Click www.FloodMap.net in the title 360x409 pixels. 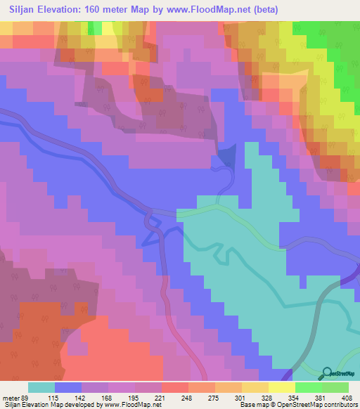tap(204, 10)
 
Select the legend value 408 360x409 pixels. tap(347, 397)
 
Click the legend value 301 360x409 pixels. tap(255, 397)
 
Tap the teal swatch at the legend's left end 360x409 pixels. tap(41, 387)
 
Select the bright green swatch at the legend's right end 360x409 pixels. tap(335, 387)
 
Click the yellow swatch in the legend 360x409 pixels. tap(282, 387)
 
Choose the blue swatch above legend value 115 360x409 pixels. tap(68, 387)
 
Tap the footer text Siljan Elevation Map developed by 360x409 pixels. tap(53, 405)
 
